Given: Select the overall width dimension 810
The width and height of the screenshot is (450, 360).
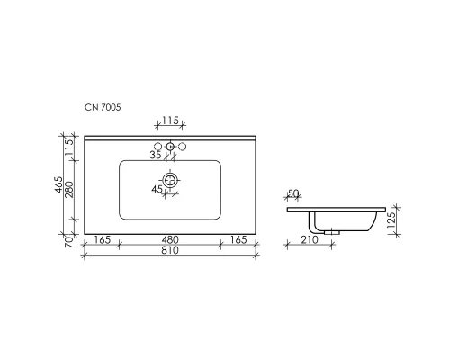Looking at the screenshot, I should (169, 251).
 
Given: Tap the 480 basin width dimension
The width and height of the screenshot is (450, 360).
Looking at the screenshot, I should (169, 239).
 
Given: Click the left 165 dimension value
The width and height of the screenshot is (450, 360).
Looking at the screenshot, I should (102, 239).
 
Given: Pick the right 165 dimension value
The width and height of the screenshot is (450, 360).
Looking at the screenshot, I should (238, 239).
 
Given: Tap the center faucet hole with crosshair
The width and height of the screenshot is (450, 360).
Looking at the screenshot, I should (169, 147).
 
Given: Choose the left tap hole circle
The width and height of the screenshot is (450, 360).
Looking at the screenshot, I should (158, 147).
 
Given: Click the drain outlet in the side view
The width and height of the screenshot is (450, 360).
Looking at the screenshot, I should (333, 230).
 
